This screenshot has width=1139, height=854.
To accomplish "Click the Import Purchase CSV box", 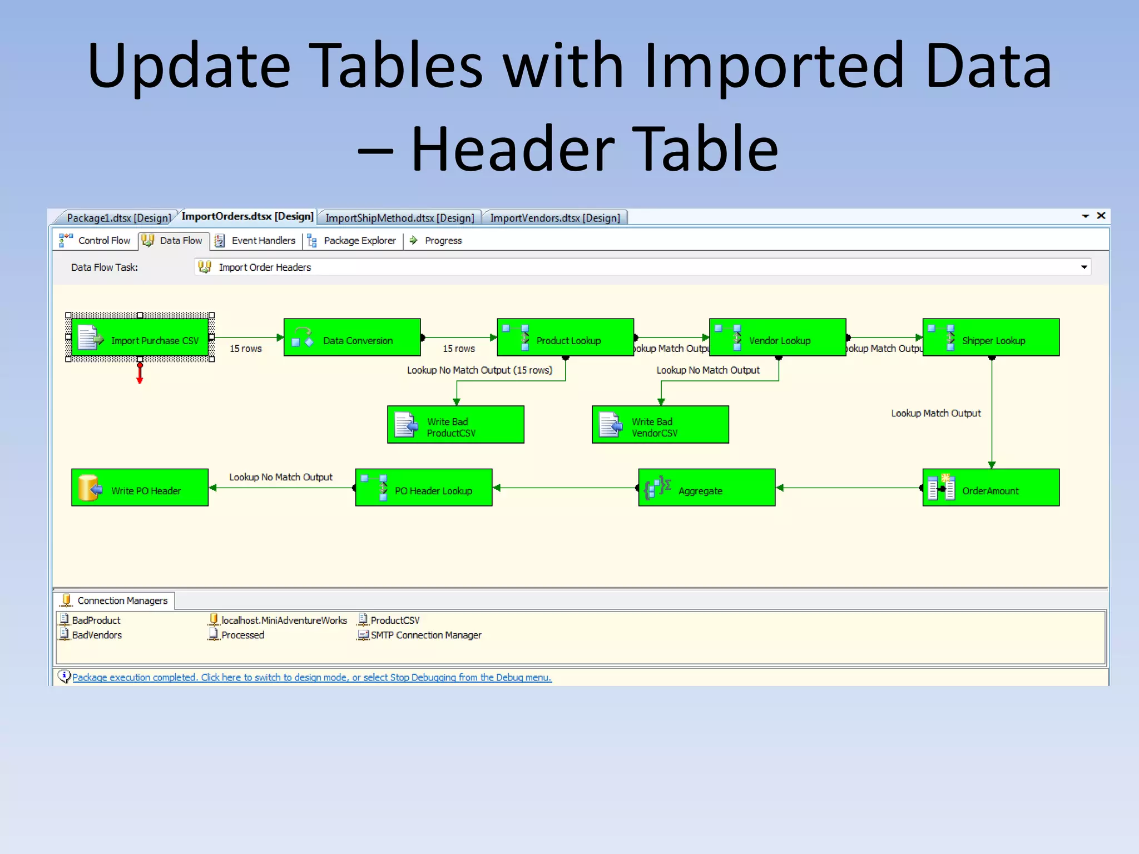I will coord(140,337).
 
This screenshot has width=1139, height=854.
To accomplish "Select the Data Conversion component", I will coord(352,337).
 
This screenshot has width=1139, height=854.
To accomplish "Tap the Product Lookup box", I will coord(565,337).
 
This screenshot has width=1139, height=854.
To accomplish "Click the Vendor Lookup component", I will coord(778,337).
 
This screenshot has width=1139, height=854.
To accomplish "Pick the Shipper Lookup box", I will coord(991,337).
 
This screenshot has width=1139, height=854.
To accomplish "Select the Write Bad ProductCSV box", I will coord(455,425).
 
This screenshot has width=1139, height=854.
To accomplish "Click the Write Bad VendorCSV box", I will coord(660,425).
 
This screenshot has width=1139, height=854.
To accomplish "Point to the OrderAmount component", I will coord(991,488).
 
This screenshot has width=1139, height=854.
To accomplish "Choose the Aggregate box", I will coord(706,488).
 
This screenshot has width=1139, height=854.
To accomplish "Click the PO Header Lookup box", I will coord(424,488).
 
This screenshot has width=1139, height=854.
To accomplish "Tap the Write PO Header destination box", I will coord(140,488).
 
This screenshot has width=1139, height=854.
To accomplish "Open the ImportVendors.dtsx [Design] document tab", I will coord(554,218).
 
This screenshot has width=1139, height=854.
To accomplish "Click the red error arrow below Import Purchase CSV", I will coord(140,374).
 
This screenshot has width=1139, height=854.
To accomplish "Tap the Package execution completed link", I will coord(311,677).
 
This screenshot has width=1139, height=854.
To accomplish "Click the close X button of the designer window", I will coord(1101,216).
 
